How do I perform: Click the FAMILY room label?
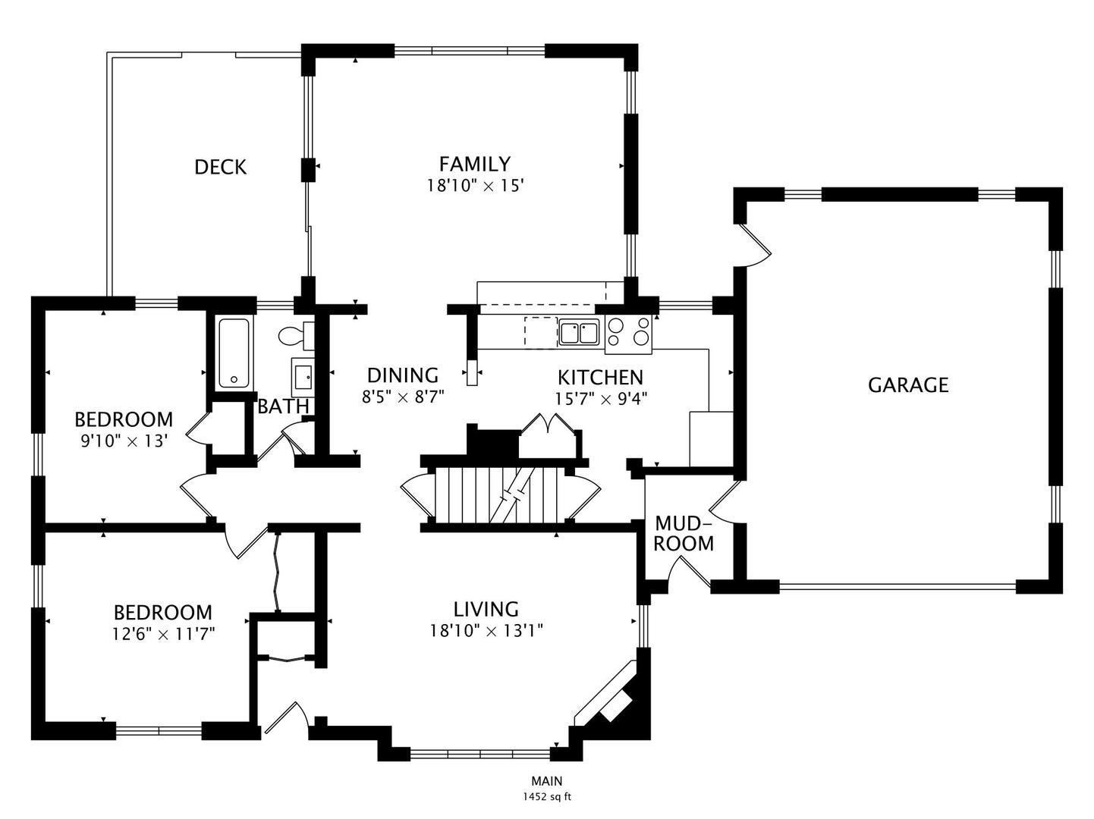click(x=474, y=164)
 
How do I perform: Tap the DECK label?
click(x=220, y=167)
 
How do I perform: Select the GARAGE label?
click(x=908, y=385)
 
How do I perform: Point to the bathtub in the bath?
click(x=234, y=353)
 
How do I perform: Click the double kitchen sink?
click(x=579, y=333)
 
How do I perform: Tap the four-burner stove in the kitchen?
click(x=628, y=334)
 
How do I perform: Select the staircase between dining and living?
click(x=501, y=495)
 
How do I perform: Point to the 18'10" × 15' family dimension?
click(x=475, y=186)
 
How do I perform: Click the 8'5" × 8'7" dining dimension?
click(x=403, y=397)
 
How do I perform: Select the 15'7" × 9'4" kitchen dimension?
click(x=601, y=399)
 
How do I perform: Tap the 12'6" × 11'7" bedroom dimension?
click(x=163, y=634)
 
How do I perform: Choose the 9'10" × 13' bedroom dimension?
click(x=123, y=441)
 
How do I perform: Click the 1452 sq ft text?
click(x=547, y=797)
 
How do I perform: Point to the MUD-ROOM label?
click(x=684, y=534)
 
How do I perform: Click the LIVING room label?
click(x=486, y=609)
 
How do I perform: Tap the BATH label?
click(x=284, y=406)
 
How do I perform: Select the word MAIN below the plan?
click(x=547, y=780)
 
